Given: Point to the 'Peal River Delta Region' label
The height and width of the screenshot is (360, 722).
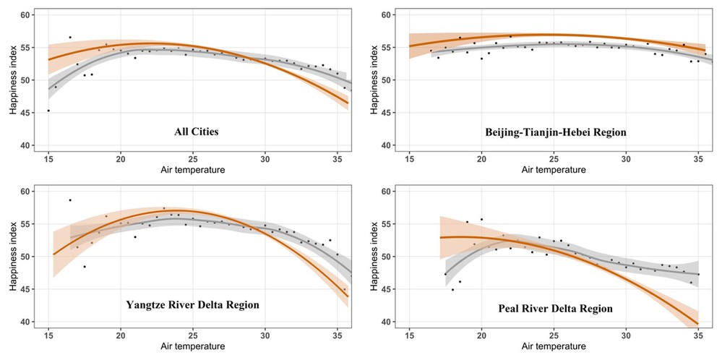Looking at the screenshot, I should (x=554, y=309).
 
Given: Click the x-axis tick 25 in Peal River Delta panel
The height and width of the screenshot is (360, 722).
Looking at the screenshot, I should (x=554, y=336).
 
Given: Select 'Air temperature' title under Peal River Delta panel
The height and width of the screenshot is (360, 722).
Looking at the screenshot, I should (x=554, y=348).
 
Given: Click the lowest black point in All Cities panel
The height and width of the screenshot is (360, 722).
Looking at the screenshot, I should (x=48, y=111).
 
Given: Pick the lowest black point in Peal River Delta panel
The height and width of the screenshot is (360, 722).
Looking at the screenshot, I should (x=453, y=289).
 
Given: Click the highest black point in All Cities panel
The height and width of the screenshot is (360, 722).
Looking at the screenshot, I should (x=70, y=37).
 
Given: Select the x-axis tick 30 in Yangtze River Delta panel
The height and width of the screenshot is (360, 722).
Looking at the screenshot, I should (x=265, y=336).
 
